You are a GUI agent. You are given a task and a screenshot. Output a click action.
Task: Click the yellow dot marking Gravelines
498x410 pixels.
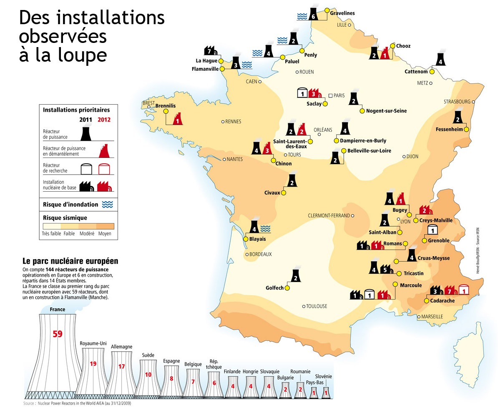[x=327, y=9]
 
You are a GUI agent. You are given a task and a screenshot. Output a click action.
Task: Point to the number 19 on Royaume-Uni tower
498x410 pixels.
[x=93, y=364]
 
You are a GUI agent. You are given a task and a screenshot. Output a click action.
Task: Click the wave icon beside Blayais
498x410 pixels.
[x=265, y=228]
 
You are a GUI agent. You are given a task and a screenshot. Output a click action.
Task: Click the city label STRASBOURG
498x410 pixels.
[x=457, y=102]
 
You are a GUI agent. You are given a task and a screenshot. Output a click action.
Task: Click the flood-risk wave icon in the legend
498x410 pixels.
[x=108, y=205]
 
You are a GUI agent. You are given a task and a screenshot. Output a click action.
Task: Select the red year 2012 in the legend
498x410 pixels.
[x=104, y=120]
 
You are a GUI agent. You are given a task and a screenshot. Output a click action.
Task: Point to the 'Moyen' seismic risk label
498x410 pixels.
[x=105, y=234]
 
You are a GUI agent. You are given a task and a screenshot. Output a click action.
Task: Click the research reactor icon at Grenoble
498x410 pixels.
[x=433, y=229]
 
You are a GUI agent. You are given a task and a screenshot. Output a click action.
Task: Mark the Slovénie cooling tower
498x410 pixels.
[x=326, y=392]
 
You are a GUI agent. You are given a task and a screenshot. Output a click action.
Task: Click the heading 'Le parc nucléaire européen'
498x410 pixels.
[x=70, y=261]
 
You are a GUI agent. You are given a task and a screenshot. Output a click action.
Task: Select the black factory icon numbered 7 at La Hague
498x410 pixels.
[x=210, y=51]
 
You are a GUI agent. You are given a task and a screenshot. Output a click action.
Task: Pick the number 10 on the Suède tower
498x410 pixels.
[x=148, y=375]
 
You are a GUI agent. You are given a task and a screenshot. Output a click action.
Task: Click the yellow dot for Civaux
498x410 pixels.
[x=284, y=193]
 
